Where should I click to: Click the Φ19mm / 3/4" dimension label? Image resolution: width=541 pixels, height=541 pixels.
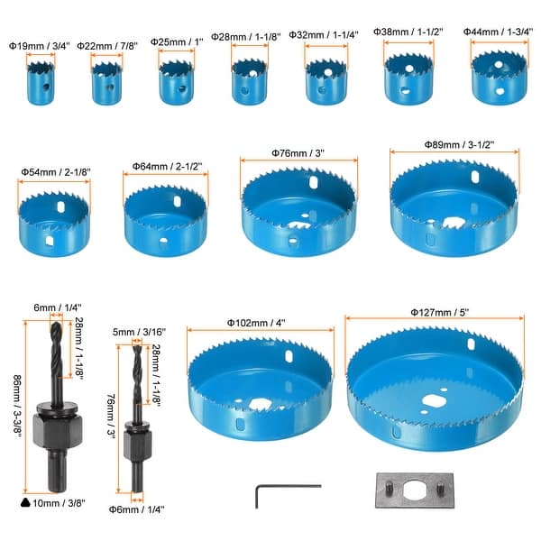coord(40,46)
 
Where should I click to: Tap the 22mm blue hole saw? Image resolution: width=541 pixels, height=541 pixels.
coord(107,83)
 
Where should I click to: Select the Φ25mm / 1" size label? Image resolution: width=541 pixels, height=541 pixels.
coord(177,42)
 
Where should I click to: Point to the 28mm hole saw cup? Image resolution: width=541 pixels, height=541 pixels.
coord(249,82)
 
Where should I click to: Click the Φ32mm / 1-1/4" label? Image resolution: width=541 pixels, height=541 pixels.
coord(324,35)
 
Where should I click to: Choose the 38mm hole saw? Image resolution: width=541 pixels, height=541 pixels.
coord(408,78)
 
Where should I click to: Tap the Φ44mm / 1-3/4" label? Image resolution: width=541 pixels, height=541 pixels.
coord(498,32)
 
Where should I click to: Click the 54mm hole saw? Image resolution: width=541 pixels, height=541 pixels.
coord(54,225)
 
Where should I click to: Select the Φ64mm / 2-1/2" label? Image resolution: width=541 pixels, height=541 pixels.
coord(167,166)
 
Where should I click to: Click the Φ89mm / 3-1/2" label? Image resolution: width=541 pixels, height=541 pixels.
coord(459,144)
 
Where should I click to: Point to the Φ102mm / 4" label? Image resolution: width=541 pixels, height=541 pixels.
coord(256,323)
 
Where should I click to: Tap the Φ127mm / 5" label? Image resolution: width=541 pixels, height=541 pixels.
coord(440,312)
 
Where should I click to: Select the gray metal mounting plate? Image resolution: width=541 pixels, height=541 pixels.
coord(415,491)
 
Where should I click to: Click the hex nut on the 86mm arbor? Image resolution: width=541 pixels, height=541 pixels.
coord(58,430)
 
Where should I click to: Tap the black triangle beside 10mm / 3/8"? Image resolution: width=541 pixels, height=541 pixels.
coord(25,503)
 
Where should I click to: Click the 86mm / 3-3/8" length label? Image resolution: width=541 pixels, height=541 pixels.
coord(17,407)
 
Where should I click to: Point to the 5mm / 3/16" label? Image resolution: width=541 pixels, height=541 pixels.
coord(139,332)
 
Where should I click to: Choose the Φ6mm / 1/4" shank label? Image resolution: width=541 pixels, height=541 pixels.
coord(137,509)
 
